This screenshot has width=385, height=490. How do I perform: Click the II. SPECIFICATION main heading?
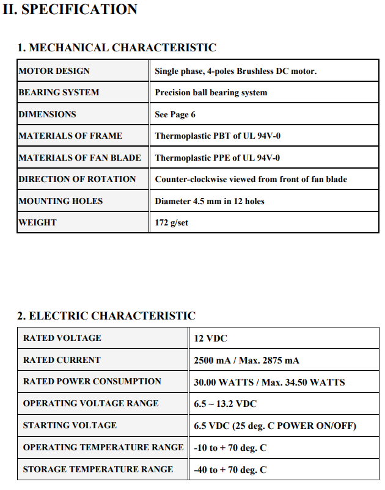(70, 10)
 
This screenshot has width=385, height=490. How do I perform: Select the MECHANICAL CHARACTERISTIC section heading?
(116, 48)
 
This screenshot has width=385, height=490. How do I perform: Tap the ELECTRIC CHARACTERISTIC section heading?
(106, 316)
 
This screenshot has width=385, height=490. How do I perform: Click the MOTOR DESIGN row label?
(54, 71)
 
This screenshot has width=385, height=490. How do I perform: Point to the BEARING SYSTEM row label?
(59, 93)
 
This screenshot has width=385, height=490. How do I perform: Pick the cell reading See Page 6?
(175, 114)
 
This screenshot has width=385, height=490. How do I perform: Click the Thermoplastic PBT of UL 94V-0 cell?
(217, 136)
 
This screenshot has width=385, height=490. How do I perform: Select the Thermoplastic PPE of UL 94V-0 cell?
(217, 158)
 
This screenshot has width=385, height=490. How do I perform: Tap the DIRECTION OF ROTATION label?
(77, 179)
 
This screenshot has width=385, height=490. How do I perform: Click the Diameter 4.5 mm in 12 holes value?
(210, 201)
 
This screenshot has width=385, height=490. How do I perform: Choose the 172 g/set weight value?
(171, 222)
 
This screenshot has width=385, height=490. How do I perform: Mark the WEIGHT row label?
(37, 222)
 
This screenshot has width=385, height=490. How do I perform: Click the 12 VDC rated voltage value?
(210, 338)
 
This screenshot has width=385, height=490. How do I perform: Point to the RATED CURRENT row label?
(62, 360)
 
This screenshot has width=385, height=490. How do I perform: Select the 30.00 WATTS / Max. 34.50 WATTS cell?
(269, 382)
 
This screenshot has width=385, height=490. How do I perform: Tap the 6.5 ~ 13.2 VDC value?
(225, 404)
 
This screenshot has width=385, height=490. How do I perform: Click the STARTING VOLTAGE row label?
(70, 425)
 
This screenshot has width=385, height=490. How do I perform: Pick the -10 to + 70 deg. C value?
(230, 448)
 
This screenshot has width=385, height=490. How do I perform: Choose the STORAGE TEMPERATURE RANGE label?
(98, 469)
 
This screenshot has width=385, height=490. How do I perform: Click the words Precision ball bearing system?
(211, 93)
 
